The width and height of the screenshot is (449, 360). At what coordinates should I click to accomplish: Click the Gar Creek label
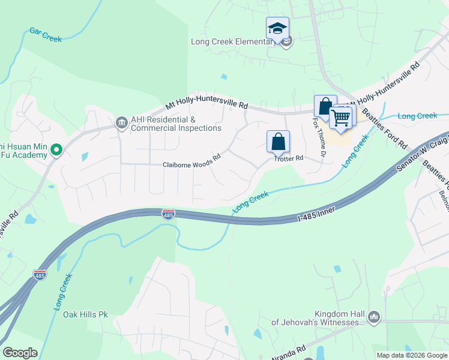46,35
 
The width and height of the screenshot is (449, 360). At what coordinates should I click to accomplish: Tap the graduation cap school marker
277,29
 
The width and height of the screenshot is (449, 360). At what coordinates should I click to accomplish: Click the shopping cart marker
341,117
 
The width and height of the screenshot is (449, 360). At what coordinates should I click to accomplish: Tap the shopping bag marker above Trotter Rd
278,142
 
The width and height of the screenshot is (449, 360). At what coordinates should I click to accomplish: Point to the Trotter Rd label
289,158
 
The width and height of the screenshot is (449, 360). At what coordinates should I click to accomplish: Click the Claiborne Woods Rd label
192,164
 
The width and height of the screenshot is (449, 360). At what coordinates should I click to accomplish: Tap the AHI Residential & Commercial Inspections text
176,124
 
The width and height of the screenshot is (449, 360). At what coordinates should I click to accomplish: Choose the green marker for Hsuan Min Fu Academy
56,149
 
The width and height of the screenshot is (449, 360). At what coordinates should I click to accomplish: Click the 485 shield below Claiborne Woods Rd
169,214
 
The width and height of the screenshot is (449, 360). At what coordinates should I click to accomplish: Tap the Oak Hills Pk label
85,314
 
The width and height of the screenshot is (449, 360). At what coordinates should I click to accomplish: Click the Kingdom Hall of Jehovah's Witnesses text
317,318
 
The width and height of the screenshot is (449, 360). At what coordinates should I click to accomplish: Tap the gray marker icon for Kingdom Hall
373,316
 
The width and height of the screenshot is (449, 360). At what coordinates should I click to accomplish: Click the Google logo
20,353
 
